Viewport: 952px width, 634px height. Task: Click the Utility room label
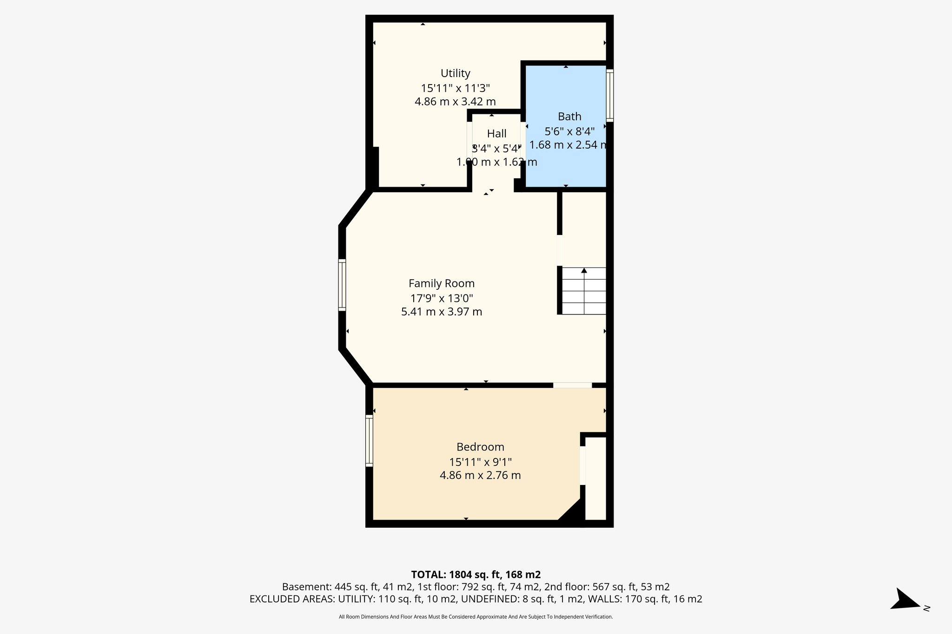455,73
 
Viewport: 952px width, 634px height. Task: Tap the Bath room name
569,117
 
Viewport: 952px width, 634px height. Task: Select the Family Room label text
441,283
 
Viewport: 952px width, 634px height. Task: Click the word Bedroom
480,447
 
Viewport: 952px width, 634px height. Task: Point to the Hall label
496,134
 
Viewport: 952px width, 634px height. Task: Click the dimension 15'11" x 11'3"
455,88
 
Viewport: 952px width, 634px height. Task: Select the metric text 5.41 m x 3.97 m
441,312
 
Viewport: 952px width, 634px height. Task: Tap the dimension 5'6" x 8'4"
569,131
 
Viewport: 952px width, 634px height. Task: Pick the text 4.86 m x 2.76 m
480,476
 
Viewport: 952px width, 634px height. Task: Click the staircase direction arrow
584,271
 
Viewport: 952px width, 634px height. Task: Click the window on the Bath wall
610,95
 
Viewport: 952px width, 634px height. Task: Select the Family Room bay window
342,285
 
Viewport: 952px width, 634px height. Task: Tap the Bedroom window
370,440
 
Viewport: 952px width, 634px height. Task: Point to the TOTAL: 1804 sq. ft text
476,575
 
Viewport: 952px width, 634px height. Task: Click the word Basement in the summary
300,587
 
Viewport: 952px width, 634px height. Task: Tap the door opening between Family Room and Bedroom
572,385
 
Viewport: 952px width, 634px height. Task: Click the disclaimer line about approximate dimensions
476,617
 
